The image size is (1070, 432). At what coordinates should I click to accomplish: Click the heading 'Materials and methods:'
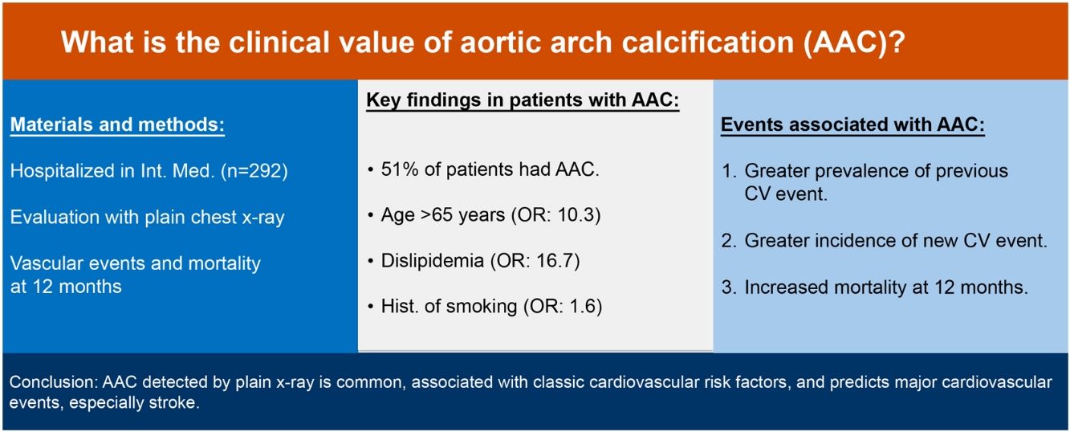click(x=117, y=124)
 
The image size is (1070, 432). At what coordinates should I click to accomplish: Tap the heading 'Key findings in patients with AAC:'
click(x=523, y=100)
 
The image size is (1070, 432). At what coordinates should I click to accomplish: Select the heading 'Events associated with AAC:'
click(x=852, y=124)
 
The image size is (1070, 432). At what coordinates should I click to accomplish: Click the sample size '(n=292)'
click(x=254, y=171)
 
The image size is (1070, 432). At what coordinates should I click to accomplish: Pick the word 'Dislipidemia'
click(x=433, y=261)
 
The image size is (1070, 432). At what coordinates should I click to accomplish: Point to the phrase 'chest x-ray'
click(x=238, y=218)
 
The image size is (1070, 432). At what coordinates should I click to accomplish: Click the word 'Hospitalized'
click(x=62, y=171)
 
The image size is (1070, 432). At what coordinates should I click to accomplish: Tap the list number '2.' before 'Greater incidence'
click(x=729, y=241)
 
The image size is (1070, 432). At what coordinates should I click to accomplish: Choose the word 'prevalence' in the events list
click(x=860, y=171)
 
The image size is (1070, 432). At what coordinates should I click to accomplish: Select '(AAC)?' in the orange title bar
click(x=854, y=42)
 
